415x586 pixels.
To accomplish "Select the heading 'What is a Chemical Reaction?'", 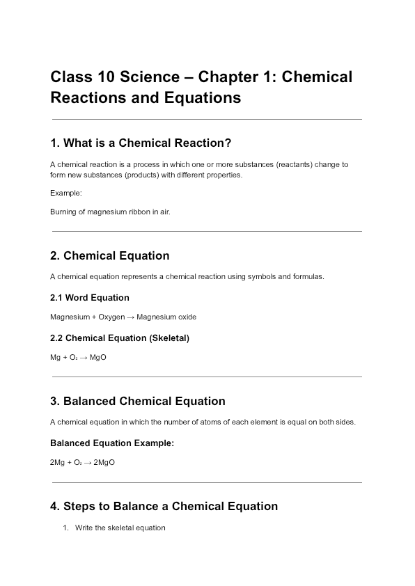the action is point(147,143).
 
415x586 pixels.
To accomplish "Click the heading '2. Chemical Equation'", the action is point(109,256).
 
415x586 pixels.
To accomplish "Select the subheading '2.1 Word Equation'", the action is point(89,298).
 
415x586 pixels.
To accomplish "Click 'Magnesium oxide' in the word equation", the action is point(166,317).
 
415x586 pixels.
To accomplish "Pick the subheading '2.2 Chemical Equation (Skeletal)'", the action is point(120,338).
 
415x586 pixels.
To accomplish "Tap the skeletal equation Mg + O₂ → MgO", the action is point(78,358).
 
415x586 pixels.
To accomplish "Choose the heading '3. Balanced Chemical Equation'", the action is point(137,402).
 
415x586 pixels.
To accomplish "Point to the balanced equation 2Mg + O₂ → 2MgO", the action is point(82,462).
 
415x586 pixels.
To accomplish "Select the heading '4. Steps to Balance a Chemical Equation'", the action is point(164,507).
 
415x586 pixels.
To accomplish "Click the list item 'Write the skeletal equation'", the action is point(120,528).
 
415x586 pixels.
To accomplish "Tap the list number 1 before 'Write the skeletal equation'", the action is point(65,528).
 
